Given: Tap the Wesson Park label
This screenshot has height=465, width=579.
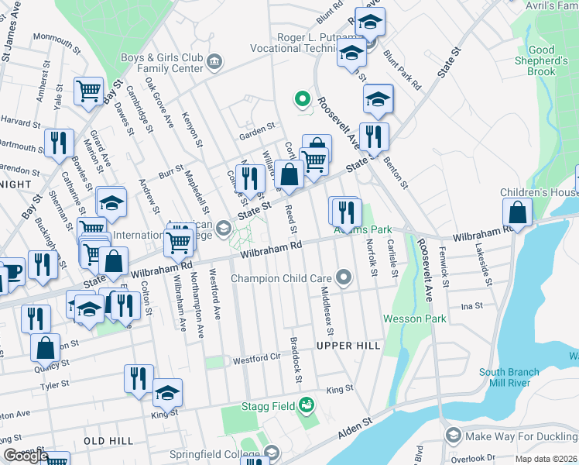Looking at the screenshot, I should pyautogui.click(x=414, y=319).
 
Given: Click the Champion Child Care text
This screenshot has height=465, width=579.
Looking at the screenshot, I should pyautogui.click(x=282, y=277).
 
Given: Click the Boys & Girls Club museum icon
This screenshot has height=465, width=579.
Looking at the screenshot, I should pyautogui.click(x=214, y=61).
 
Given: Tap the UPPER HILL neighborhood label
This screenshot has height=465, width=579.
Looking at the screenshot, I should pyautogui.click(x=349, y=345).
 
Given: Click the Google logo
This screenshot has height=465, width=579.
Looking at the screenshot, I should pyautogui.click(x=26, y=456).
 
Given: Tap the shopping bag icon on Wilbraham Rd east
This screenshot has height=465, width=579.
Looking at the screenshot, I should pyautogui.click(x=516, y=212).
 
